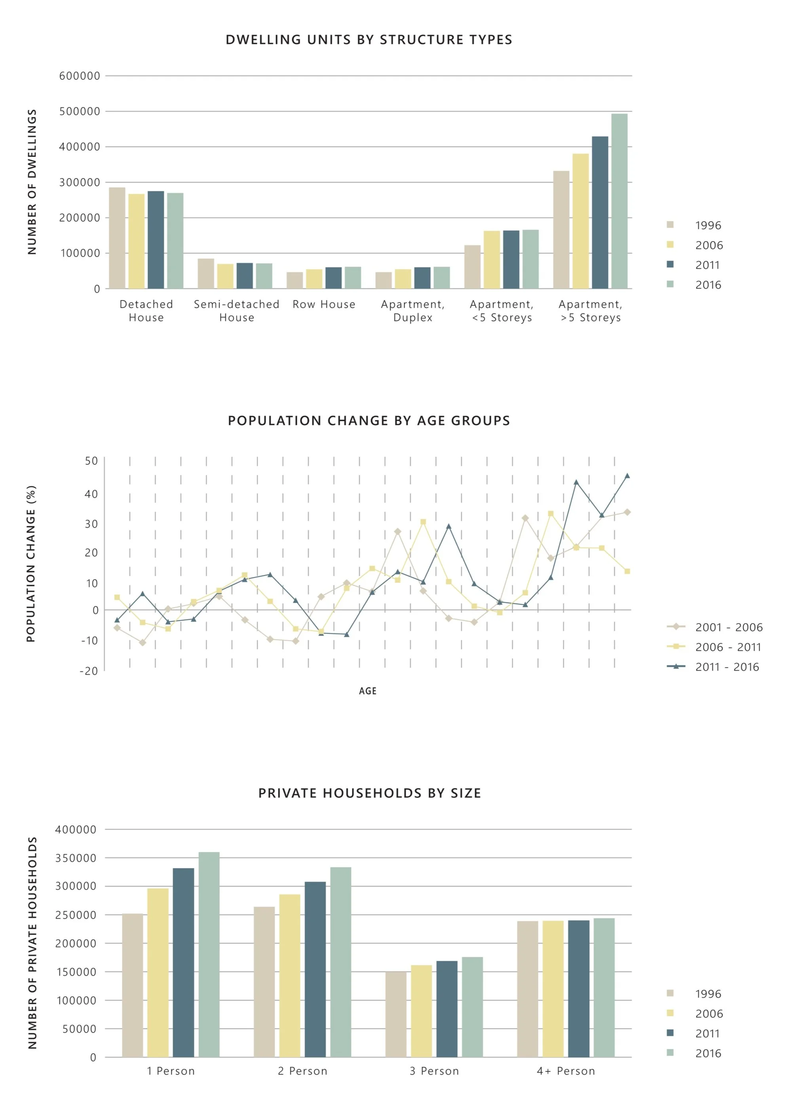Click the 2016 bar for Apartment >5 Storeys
coord(619,201)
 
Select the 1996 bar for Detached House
coord(117,238)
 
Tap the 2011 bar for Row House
coord(333,278)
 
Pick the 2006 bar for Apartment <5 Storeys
coord(491,260)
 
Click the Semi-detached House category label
coord(236,311)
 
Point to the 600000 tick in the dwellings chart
coord(80,76)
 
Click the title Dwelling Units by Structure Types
coord(369,40)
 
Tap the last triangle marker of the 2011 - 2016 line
coord(627,476)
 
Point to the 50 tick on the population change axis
coord(91,461)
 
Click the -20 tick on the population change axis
coord(89,672)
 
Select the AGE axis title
coord(367,691)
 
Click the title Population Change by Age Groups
coord(369,421)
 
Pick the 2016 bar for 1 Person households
coord(209,955)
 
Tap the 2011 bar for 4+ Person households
coord(579,989)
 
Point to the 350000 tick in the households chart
coord(76,858)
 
